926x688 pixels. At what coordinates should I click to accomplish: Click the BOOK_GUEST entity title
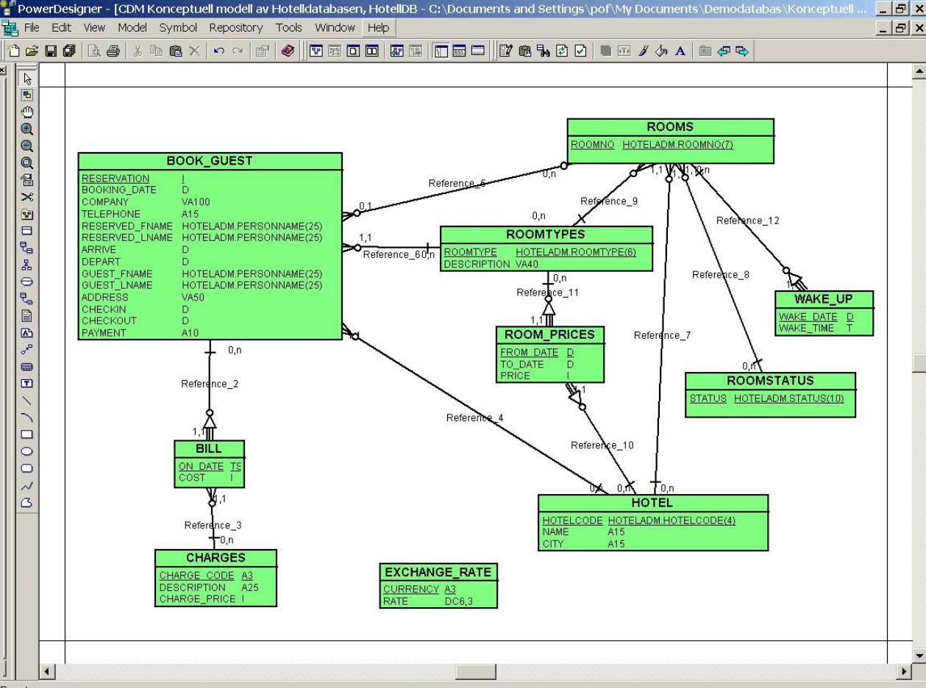click(x=210, y=161)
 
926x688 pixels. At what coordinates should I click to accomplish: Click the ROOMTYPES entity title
click(x=546, y=234)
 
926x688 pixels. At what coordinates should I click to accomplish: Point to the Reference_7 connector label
click(x=662, y=335)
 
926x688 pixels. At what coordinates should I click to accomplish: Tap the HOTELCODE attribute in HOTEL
click(x=572, y=520)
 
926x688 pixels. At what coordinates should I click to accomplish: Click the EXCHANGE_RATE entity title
click(x=438, y=573)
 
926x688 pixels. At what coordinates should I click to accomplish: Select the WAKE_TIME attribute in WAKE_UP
click(x=806, y=328)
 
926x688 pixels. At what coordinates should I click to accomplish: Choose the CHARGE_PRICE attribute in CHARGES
click(x=197, y=598)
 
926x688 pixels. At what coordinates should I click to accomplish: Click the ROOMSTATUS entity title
click(x=770, y=381)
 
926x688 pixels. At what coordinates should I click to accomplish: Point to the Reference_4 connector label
click(x=474, y=418)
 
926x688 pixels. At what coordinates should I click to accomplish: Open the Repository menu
click(x=235, y=27)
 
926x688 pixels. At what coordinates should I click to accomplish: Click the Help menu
click(x=378, y=27)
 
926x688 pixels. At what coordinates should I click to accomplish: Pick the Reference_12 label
click(x=747, y=220)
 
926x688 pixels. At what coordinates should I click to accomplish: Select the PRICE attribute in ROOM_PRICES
click(x=515, y=376)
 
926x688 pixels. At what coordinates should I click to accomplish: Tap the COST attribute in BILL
click(x=192, y=477)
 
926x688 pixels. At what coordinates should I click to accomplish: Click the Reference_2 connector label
click(x=210, y=383)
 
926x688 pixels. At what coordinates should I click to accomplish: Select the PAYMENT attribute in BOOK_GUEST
click(x=104, y=332)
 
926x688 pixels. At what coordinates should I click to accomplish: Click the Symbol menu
click(x=178, y=27)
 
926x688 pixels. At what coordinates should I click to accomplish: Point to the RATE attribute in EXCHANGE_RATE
click(x=394, y=601)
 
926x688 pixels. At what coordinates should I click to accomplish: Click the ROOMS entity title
click(x=669, y=126)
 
